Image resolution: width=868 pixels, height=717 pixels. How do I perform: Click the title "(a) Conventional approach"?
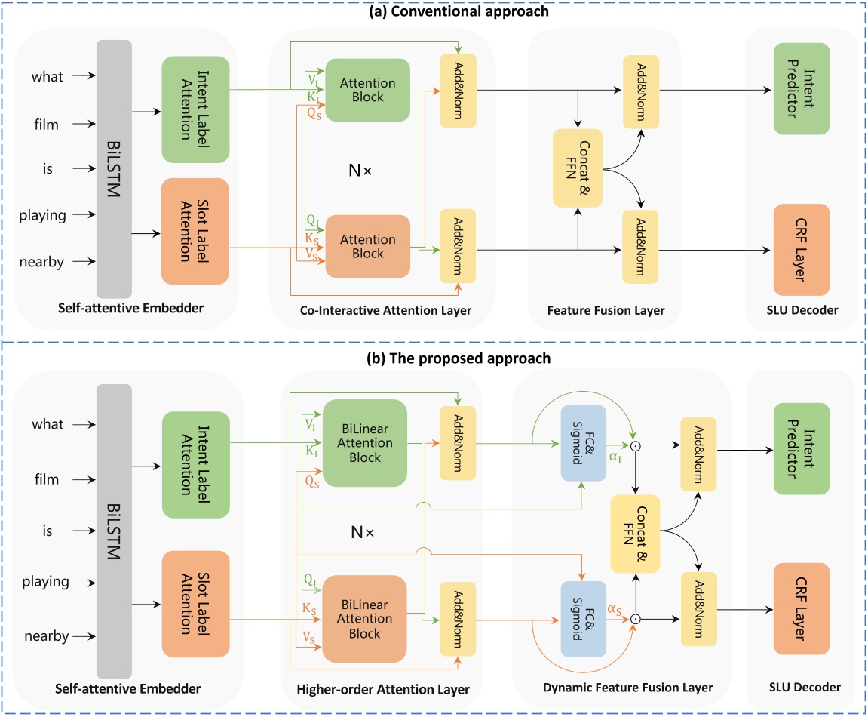[x=434, y=11]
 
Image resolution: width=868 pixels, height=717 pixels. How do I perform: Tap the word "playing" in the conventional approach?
[x=43, y=216]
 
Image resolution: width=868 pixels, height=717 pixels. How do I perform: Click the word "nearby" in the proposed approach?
[x=44, y=636]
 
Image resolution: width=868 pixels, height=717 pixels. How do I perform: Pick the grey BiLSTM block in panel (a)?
[x=114, y=168]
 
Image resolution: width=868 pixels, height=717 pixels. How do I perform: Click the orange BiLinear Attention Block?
[x=365, y=618]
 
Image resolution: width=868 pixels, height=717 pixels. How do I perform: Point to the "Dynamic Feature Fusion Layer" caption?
[x=627, y=688]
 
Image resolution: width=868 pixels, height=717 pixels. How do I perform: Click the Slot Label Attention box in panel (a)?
[x=195, y=232]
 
